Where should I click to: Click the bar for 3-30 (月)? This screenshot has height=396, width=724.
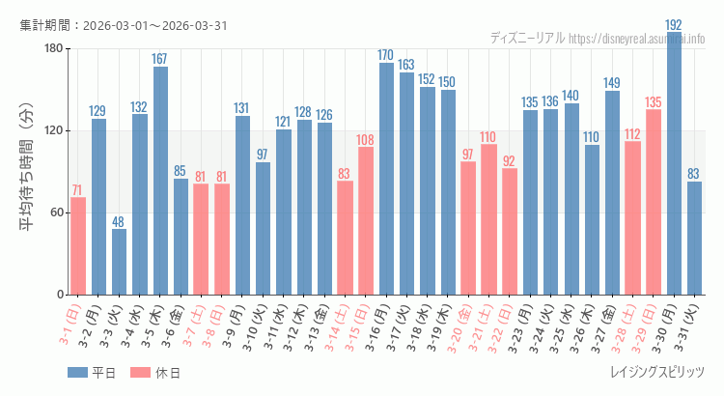point(674,164)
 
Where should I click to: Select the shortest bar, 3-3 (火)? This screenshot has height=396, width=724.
point(119,262)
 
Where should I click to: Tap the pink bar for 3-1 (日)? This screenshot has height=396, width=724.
point(78,246)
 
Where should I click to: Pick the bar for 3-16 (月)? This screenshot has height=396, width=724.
point(386,179)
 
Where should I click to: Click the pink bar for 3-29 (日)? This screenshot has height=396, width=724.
point(654,202)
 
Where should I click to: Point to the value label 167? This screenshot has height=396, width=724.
point(160,59)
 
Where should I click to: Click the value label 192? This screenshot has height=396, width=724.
point(674,25)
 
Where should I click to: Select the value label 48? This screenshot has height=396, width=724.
point(119,222)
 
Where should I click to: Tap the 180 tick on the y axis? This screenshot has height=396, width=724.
point(52,49)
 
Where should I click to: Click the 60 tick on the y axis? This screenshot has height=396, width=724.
point(56,212)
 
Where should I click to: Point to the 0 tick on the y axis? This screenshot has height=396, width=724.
point(59,295)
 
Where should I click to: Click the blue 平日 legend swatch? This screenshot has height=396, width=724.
point(77,373)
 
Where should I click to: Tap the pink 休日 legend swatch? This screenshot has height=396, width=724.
point(140,373)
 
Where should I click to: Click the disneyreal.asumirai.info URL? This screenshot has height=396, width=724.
point(636,39)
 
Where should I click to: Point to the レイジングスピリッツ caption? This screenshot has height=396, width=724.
point(656,373)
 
